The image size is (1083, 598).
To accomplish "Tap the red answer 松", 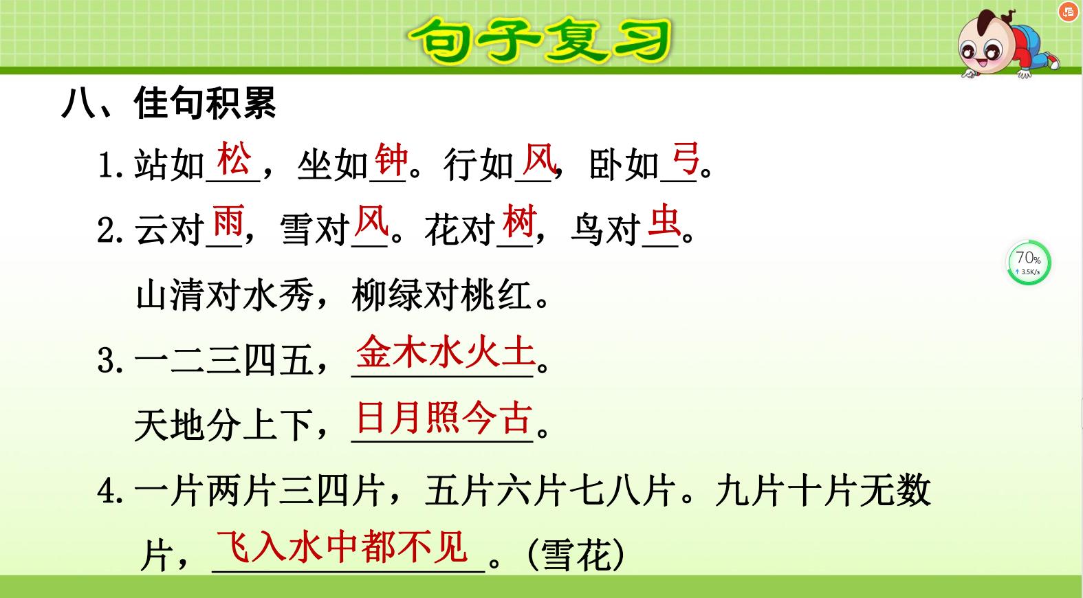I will [234, 159].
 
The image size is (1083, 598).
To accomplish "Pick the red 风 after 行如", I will [538, 159].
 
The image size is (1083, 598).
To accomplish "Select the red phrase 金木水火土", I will [445, 353].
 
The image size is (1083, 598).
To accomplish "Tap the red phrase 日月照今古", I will [445, 418].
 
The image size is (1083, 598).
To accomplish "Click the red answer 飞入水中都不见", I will [342, 547].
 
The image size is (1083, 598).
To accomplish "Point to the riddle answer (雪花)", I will [576, 554].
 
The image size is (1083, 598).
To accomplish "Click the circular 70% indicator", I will [1029, 262].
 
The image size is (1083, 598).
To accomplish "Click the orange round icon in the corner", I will [1068, 12].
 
